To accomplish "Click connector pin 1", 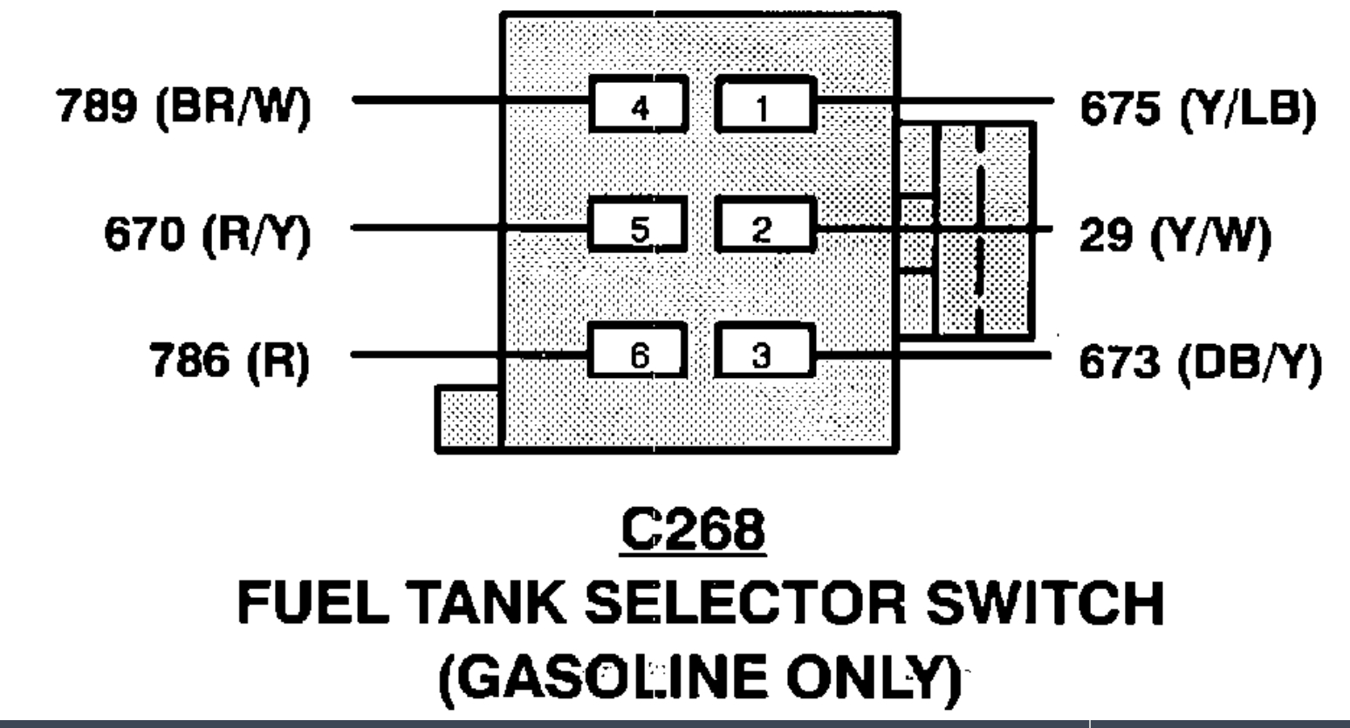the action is [x=764, y=106].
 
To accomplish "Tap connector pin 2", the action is [x=764, y=229].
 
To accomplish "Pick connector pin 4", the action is [x=640, y=106].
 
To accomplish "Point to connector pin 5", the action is [x=640, y=229].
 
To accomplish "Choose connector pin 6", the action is [x=640, y=354].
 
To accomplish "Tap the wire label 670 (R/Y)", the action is [x=208, y=234].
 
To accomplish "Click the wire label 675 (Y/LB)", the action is [x=1197, y=109].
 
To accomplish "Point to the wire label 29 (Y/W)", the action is [x=1175, y=234].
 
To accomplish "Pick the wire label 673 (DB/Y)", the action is [x=1201, y=360].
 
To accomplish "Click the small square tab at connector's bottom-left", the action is [x=467, y=419].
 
